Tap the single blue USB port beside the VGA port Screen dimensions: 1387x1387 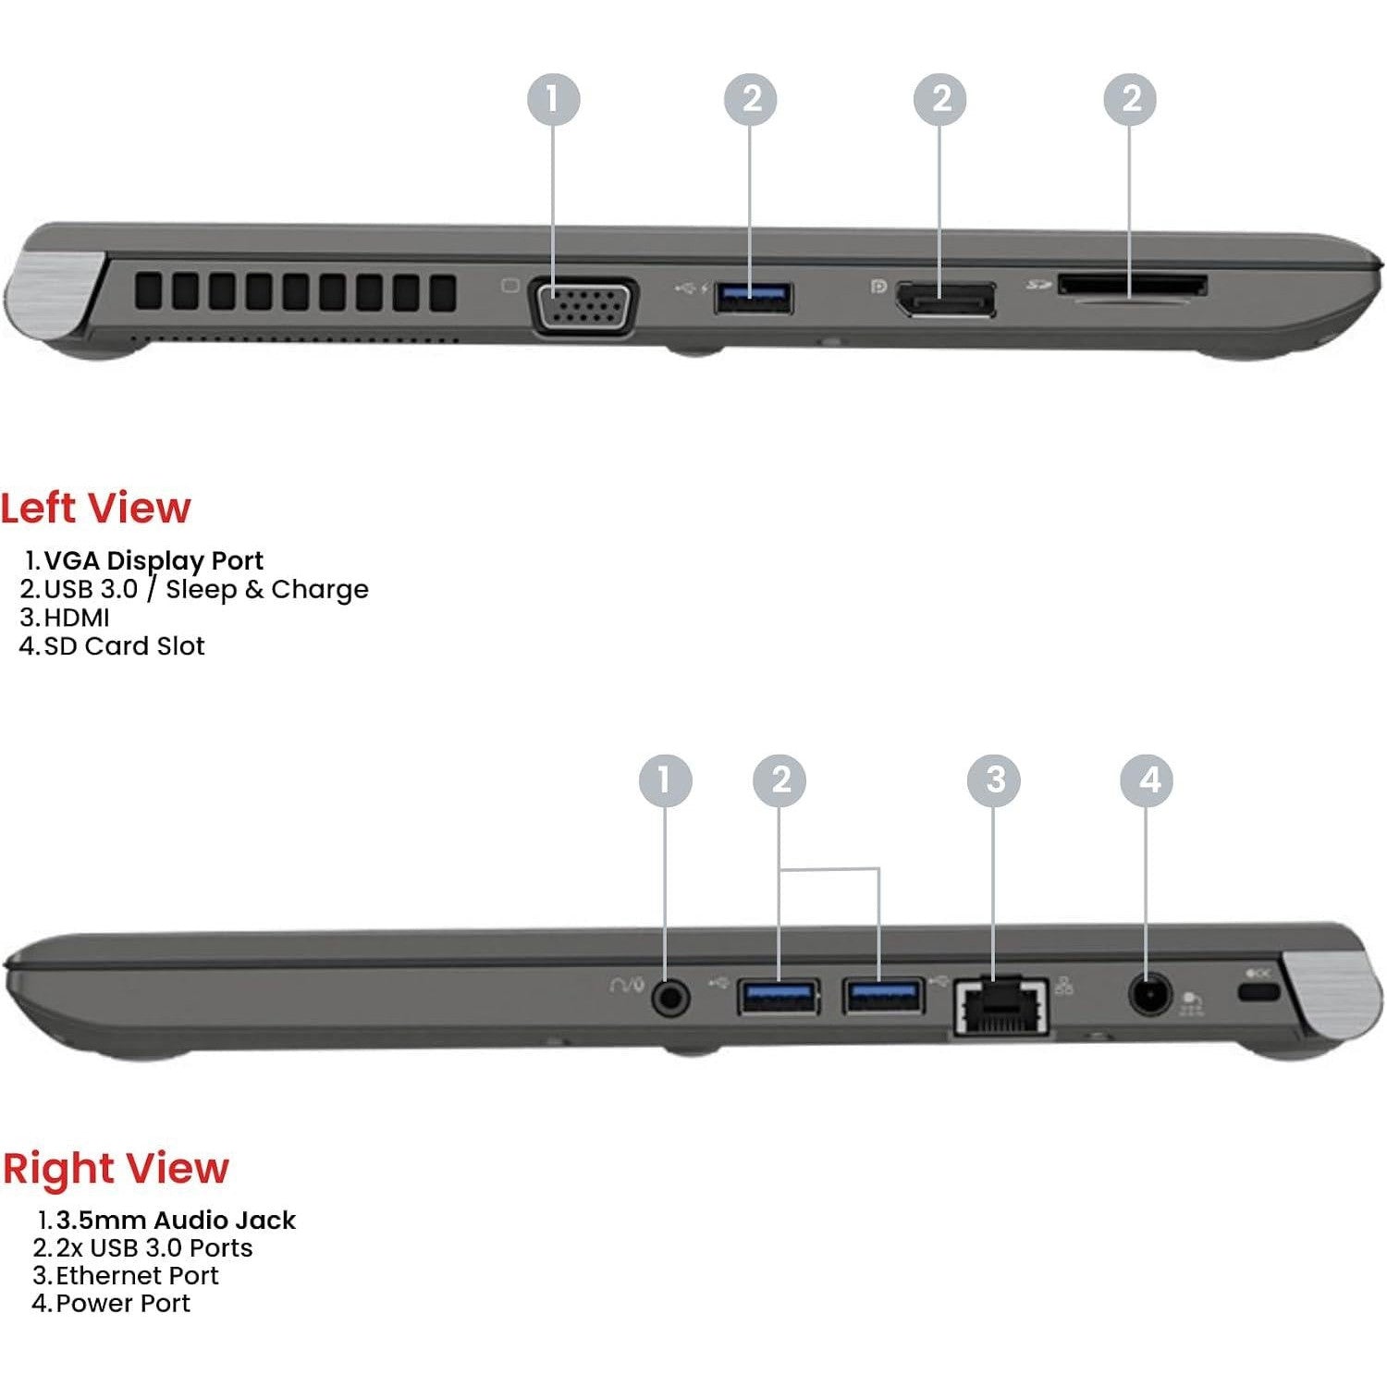[753, 297]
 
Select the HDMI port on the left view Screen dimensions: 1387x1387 [944, 299]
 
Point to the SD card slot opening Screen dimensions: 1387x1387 [1132, 285]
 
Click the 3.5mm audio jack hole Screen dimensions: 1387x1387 [670, 998]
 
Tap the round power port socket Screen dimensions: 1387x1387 [1150, 996]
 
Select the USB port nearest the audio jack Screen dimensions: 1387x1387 [778, 996]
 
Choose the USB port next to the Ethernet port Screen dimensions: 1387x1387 [883, 995]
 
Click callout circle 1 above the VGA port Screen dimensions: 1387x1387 [554, 99]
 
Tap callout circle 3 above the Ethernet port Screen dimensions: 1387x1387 [994, 779]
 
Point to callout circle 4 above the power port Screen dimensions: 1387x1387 [1147, 779]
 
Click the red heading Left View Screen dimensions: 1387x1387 [95, 508]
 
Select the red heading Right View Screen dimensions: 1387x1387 [115, 1168]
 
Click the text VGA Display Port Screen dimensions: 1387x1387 [153, 560]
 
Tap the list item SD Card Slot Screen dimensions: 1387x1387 [124, 645]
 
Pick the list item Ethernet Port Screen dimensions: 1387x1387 [137, 1275]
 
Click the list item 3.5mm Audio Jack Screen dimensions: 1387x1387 [176, 1220]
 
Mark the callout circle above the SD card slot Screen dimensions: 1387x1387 [1130, 99]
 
